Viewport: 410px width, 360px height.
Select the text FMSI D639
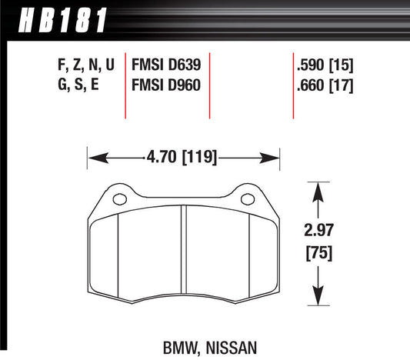(166, 66)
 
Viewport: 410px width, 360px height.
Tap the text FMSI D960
(166, 85)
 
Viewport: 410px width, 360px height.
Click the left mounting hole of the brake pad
(117, 201)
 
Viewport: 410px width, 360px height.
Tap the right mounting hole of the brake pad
(248, 201)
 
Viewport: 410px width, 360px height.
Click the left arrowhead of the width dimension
(93, 159)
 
